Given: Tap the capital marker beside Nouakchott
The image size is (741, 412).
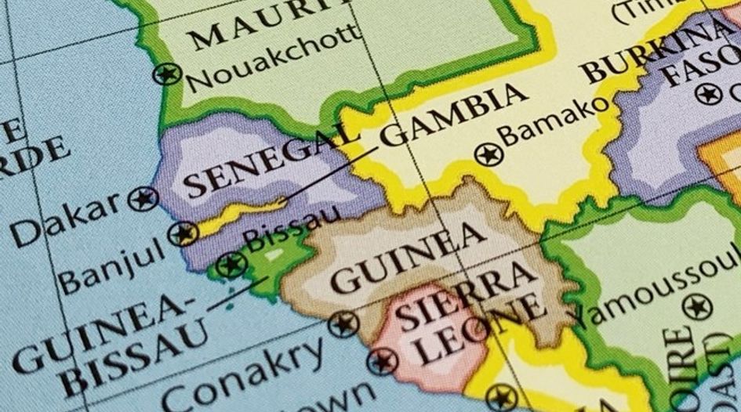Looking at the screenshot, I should point(167,74).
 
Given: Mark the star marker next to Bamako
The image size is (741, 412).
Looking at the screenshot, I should point(489,154).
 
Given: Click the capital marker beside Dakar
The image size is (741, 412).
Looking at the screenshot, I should point(143,198).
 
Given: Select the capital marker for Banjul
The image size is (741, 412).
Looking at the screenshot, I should point(183,233).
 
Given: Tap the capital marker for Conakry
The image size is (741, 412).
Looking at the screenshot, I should point(343,322).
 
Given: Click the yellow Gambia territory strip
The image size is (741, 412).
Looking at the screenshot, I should point(235,218).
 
